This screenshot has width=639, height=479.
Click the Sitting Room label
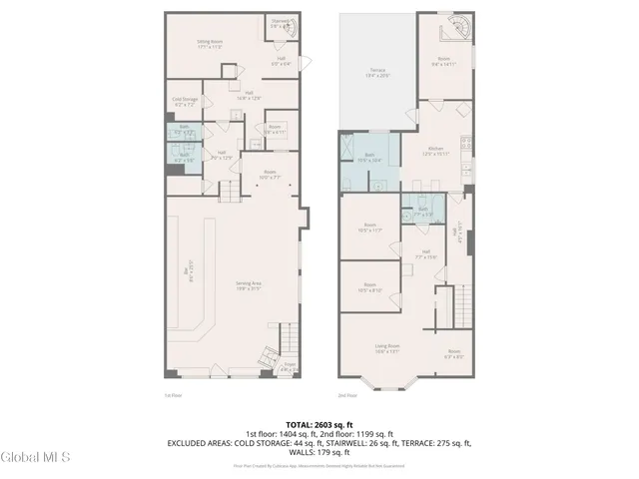[x=209, y=44]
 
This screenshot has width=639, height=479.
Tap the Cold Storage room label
[x=185, y=102]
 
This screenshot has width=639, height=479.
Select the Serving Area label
[x=248, y=285]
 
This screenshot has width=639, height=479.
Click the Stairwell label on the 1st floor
[x=281, y=23]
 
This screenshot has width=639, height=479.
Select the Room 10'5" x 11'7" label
[x=369, y=228]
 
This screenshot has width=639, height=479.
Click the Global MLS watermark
[x=36, y=457]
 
